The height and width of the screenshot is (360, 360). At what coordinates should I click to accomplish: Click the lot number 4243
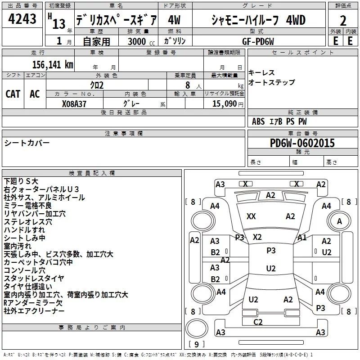(22, 19)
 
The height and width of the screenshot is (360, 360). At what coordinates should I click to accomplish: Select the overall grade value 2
(343, 21)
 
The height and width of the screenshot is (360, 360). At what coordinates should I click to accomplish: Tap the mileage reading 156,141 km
(53, 65)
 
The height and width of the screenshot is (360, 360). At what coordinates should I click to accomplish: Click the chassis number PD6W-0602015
(302, 143)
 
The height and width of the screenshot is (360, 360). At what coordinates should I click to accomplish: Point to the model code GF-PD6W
(258, 41)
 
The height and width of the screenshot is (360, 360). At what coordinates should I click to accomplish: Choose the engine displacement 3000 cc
(141, 41)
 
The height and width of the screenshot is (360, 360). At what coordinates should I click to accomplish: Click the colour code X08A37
(74, 104)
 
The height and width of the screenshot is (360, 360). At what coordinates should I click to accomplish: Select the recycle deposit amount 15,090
(224, 104)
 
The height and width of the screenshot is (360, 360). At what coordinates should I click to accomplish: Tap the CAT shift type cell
(13, 94)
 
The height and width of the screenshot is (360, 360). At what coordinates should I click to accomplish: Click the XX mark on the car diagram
(251, 216)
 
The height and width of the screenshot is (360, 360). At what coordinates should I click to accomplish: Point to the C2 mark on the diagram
(258, 322)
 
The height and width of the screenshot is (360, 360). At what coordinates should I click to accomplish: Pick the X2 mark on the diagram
(257, 237)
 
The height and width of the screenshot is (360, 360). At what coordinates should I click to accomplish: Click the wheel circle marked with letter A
(339, 221)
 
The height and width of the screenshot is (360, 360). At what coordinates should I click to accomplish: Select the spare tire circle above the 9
(197, 328)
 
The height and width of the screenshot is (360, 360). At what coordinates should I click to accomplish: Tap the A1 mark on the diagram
(302, 238)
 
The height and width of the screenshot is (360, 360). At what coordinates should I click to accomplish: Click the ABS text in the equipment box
(258, 121)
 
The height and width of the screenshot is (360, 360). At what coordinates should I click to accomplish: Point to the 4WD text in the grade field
(296, 20)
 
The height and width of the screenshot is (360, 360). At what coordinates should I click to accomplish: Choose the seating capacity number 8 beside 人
(188, 85)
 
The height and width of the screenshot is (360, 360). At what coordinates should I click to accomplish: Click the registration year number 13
(59, 24)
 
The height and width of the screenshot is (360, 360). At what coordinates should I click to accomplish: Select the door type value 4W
(174, 20)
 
